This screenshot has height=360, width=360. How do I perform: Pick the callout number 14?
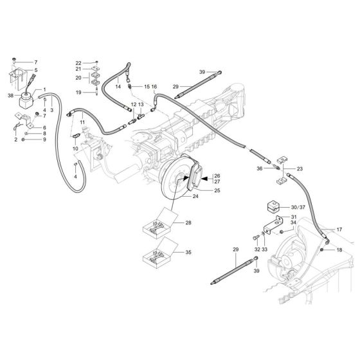pos(118,86)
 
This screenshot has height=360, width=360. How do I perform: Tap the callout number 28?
pos(188,222)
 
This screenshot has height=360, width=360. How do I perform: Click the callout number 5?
pos(36,71)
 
